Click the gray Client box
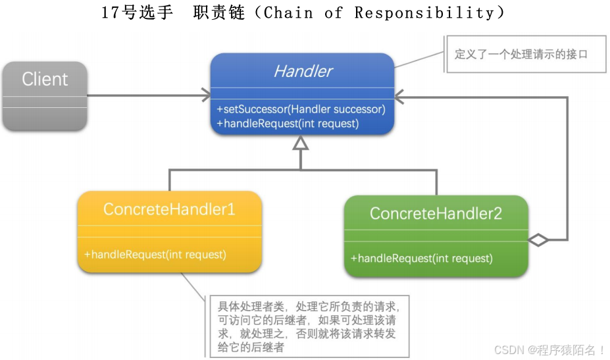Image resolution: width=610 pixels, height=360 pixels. (x=45, y=95)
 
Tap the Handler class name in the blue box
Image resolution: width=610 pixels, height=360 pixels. (x=303, y=71)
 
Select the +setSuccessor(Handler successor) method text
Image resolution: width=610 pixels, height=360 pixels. (x=301, y=109)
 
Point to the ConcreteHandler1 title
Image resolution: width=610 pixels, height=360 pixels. (x=169, y=209)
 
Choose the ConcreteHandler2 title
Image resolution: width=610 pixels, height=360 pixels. (x=436, y=213)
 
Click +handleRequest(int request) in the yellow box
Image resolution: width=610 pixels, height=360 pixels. (x=155, y=254)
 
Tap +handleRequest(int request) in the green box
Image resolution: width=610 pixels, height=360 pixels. (x=421, y=258)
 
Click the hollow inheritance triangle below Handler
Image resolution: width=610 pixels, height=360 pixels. (x=301, y=143)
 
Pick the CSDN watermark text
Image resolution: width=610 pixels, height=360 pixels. (x=549, y=349)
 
